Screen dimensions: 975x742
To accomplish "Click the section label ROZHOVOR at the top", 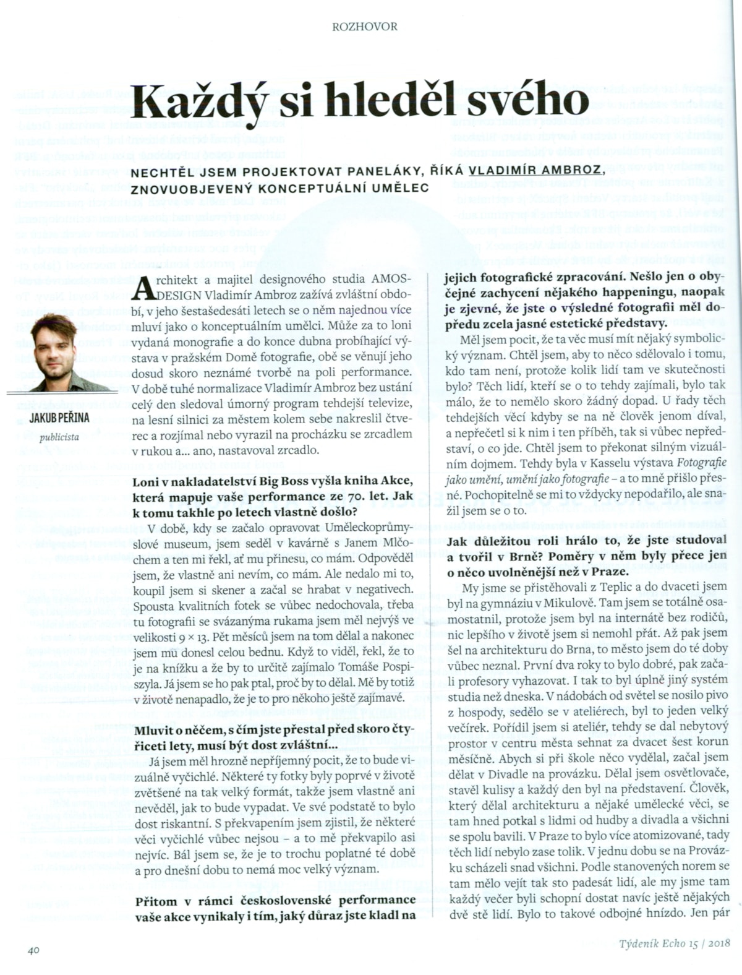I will (x=364, y=27).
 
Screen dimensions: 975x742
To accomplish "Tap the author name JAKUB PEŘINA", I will (x=59, y=418).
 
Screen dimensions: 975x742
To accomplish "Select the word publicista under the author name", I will (x=59, y=437).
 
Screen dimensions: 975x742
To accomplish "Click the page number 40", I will (x=33, y=950).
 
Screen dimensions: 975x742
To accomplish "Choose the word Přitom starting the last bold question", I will (x=156, y=900).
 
